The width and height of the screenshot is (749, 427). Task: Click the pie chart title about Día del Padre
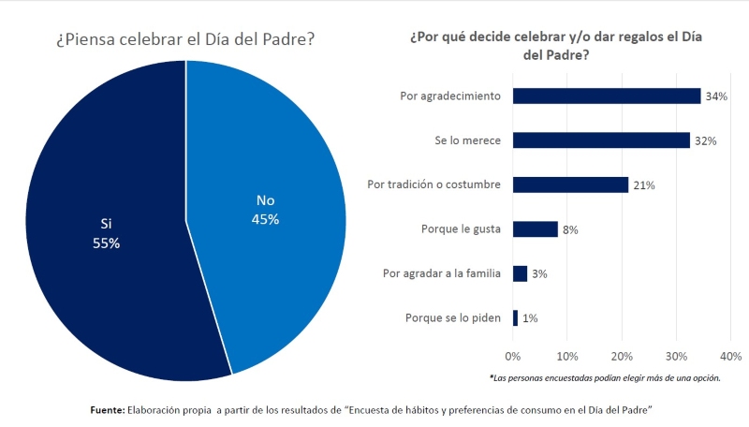tap(184, 40)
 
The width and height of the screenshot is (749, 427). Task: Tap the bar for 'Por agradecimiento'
tap(607, 96)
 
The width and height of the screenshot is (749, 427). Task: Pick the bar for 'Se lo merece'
tap(601, 140)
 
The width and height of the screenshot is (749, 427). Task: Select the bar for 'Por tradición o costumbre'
tap(570, 184)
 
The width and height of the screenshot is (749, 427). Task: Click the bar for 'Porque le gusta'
tap(535, 229)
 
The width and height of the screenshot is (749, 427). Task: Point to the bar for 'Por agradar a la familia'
tap(521, 273)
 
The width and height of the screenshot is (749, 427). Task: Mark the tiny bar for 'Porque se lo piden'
tap(515, 318)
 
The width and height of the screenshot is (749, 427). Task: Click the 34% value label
tap(717, 96)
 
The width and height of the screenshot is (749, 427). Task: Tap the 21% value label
tap(644, 185)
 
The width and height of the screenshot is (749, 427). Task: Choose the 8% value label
tap(570, 230)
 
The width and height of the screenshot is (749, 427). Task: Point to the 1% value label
tap(530, 319)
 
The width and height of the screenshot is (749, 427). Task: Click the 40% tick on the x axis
tap(730, 357)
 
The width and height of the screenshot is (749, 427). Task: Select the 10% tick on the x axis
tap(567, 357)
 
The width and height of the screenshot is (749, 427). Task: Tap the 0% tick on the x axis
tap(512, 357)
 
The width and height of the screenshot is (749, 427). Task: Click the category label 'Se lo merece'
tap(469, 140)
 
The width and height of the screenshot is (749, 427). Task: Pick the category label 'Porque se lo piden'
tap(453, 318)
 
